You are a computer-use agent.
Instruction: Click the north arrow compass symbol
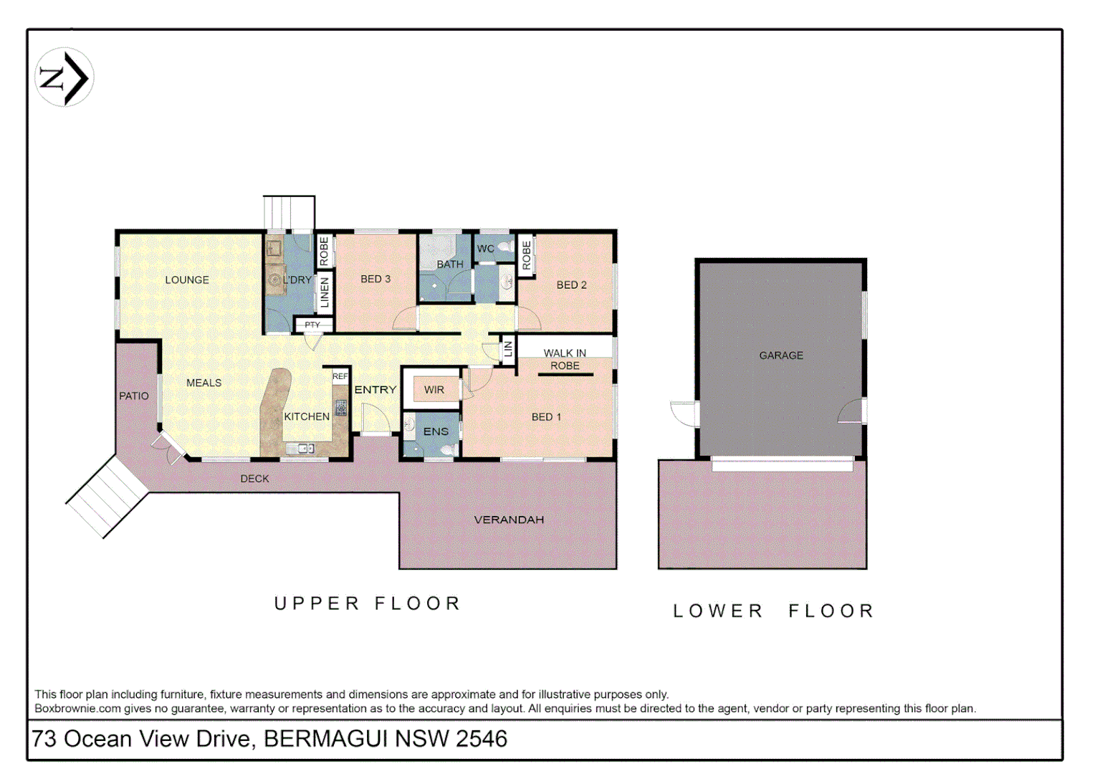[x=64, y=77]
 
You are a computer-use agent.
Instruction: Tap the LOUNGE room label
[x=187, y=280]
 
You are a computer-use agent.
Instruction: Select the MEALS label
[x=204, y=383]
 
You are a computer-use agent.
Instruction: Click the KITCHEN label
[x=307, y=416]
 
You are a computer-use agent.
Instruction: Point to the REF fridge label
[x=340, y=376]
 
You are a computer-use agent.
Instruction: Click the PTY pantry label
[x=312, y=325]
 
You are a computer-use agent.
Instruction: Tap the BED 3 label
[x=376, y=279]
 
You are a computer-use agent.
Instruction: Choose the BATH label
[x=450, y=264]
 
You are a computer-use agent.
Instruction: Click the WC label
[x=486, y=249]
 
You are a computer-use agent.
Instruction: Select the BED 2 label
[x=571, y=285]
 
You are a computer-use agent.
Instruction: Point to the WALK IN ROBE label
[x=565, y=359]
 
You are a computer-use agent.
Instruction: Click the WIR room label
[x=434, y=390]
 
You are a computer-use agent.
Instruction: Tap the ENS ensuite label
[x=436, y=431]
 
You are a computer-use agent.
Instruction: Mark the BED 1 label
[x=546, y=416]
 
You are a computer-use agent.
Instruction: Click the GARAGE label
[x=781, y=355]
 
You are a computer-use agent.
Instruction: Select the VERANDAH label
[x=509, y=520]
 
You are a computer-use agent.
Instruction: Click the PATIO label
[x=134, y=396]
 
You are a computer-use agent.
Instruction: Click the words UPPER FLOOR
[x=367, y=603]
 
